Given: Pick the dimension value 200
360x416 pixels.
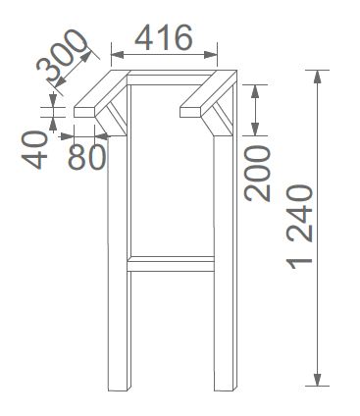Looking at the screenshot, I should tap(257, 173).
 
